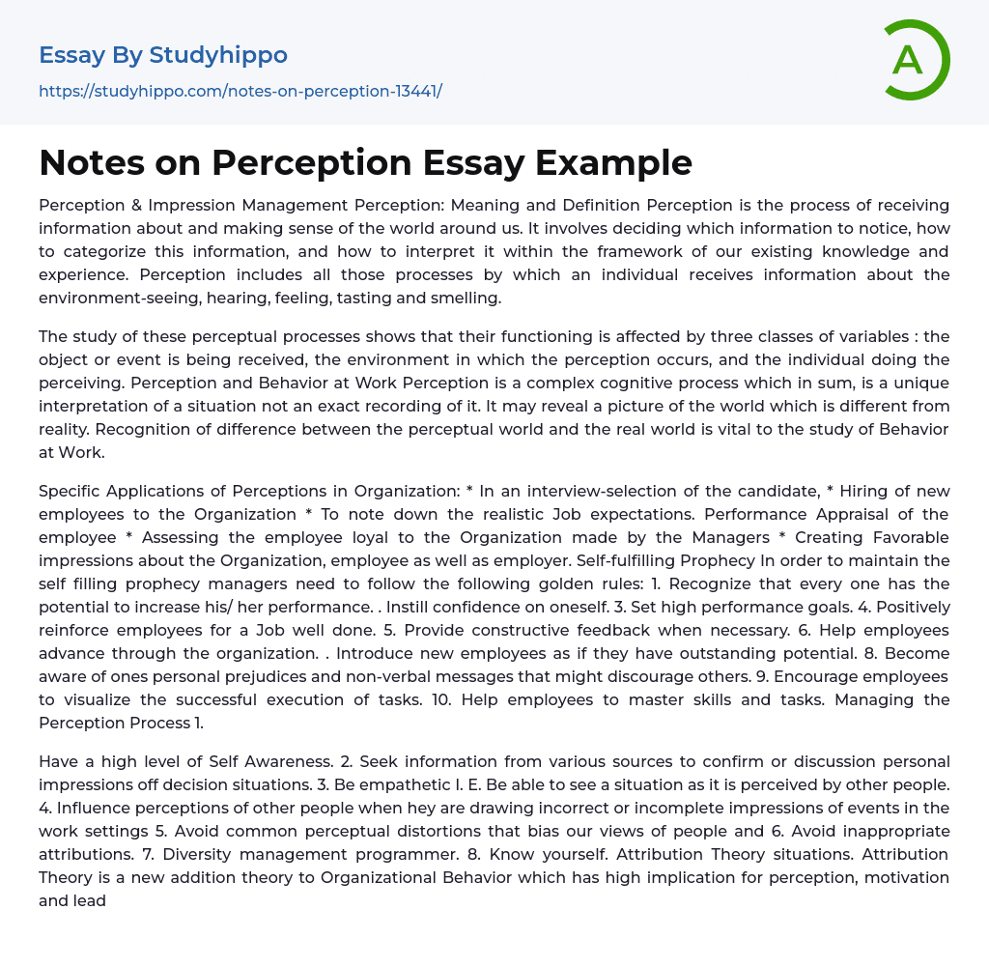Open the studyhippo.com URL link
click(240, 91)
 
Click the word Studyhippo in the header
click(218, 55)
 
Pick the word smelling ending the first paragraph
click(468, 298)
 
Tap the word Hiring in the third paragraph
click(856, 491)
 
